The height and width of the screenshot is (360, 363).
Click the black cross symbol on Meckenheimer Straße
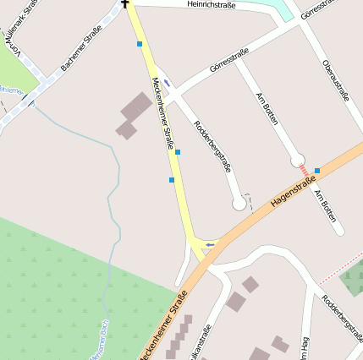coord(126,3)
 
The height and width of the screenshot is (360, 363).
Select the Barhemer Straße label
coord(81,47)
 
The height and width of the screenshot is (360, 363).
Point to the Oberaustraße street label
coord(335,80)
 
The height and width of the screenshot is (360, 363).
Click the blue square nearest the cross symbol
coord(140,44)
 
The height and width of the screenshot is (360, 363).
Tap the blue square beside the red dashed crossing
coord(317,171)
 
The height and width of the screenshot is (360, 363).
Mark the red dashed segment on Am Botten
coord(305,170)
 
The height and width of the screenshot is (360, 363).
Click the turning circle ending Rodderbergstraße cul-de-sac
coord(239,204)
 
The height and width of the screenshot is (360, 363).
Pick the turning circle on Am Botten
coord(297,160)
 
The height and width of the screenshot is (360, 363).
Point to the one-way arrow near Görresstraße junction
coord(168,82)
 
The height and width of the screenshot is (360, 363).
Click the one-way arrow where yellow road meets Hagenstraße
coord(209,244)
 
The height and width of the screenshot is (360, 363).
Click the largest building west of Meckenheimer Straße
coord(135,108)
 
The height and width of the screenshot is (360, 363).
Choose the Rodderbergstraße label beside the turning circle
coord(212,145)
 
